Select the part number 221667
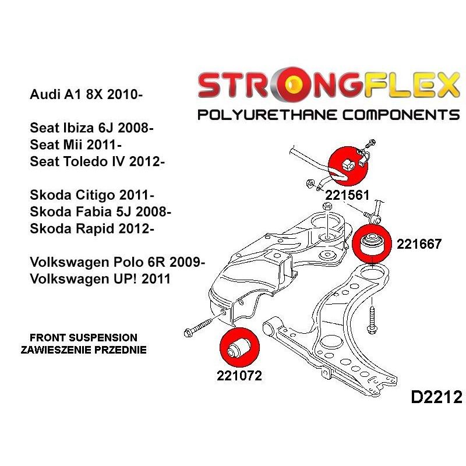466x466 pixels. point(419,244)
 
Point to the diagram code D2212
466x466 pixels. point(436,397)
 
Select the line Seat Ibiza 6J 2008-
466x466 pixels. point(91,129)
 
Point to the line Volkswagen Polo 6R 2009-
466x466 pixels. point(116,262)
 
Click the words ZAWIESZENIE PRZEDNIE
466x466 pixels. point(83,350)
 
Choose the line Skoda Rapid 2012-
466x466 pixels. point(91,228)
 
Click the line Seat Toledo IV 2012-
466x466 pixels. point(97,161)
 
